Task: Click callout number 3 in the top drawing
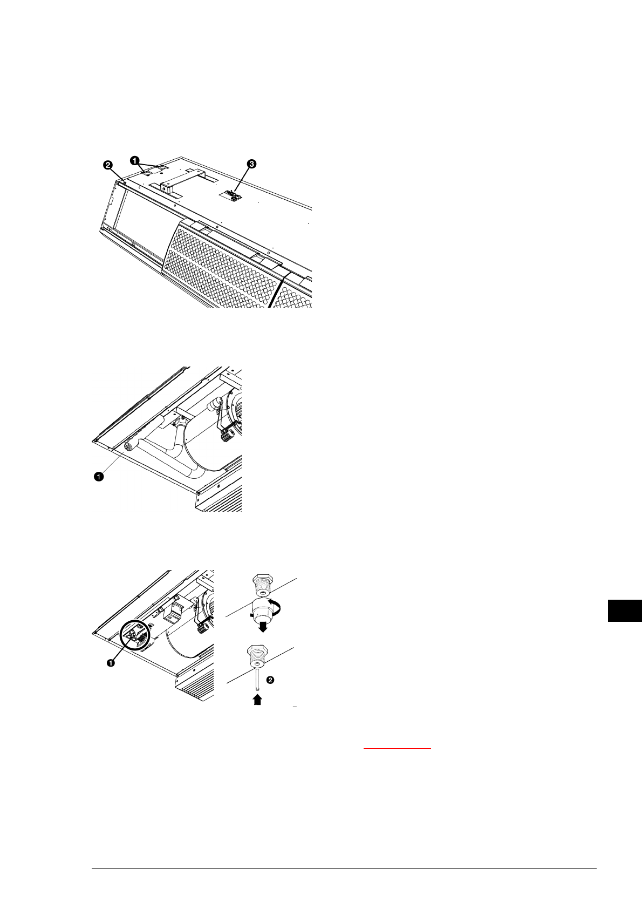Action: (x=251, y=162)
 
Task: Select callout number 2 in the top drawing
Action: (x=108, y=164)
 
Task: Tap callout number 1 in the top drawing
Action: (x=134, y=160)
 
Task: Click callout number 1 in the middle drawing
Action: (x=98, y=476)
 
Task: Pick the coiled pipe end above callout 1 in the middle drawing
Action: (x=129, y=446)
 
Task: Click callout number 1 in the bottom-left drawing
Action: (x=111, y=663)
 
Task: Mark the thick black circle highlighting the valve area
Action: (x=136, y=636)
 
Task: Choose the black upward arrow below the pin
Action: (x=258, y=700)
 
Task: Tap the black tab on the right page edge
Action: (x=624, y=610)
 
